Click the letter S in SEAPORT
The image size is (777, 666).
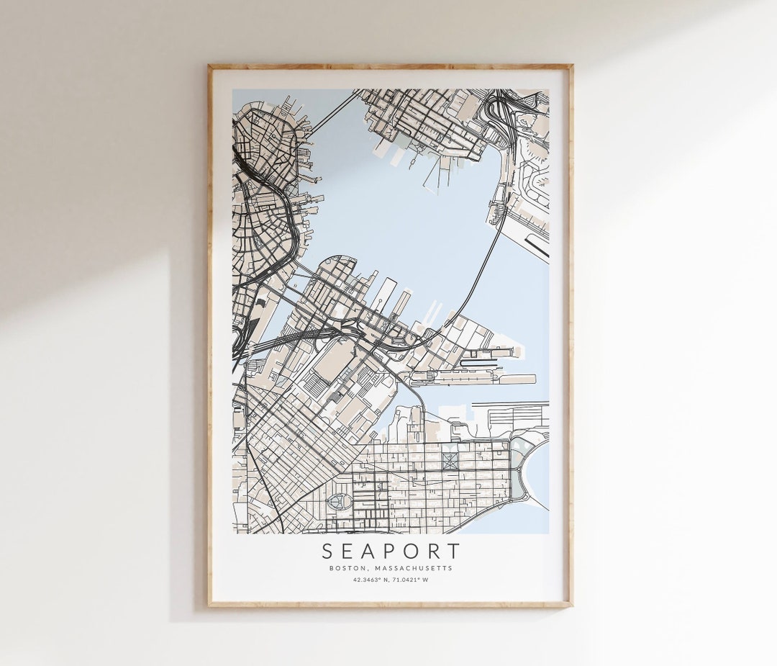click(x=327, y=552)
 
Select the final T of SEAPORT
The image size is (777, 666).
click(x=453, y=552)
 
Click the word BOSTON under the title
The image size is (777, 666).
click(x=347, y=568)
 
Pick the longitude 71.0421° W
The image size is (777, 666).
click(x=411, y=580)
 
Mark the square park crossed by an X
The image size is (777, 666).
click(x=450, y=462)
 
